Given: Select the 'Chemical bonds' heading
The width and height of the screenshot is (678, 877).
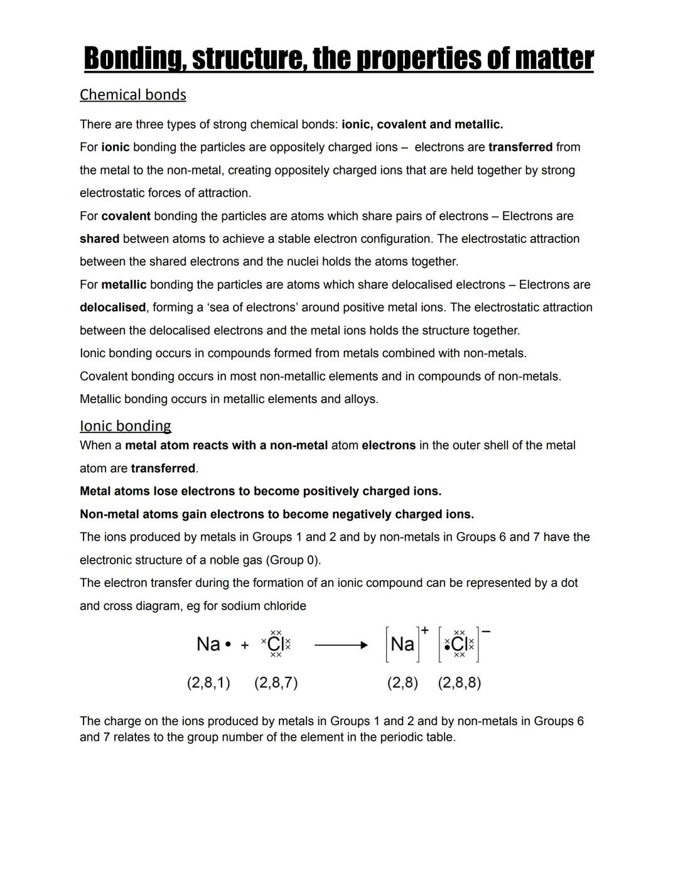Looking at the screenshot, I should tap(132, 95).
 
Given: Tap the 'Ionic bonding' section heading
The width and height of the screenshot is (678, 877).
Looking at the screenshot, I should tap(125, 426).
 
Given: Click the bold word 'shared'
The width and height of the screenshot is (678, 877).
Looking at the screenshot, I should tap(99, 239).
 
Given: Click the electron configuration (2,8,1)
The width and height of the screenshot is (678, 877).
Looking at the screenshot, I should tap(208, 683).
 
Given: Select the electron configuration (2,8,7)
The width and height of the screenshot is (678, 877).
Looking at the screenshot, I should tap(276, 683).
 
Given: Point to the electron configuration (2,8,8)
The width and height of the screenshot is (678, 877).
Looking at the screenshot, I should tap(460, 683).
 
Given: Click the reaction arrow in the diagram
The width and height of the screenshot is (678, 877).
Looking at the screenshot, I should tap(341, 645).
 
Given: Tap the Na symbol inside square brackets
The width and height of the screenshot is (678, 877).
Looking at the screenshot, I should tap(402, 644).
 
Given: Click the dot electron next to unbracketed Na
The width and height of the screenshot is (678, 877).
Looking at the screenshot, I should tap(228, 645).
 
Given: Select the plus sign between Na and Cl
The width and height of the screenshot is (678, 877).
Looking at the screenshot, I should tap(245, 645).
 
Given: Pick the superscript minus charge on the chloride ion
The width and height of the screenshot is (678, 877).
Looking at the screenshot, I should tap(487, 631).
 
